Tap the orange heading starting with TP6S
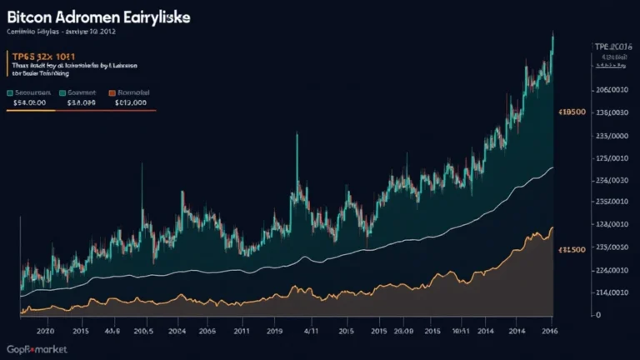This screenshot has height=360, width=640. coord(42,56)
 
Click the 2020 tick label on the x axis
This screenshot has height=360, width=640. coord(37,331)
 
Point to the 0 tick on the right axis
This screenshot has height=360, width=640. coord(597,315)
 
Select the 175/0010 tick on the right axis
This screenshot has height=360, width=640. coord(608,158)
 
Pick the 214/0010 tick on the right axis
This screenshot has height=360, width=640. coord(608,292)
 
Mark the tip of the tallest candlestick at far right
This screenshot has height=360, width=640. coord(552,33)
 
